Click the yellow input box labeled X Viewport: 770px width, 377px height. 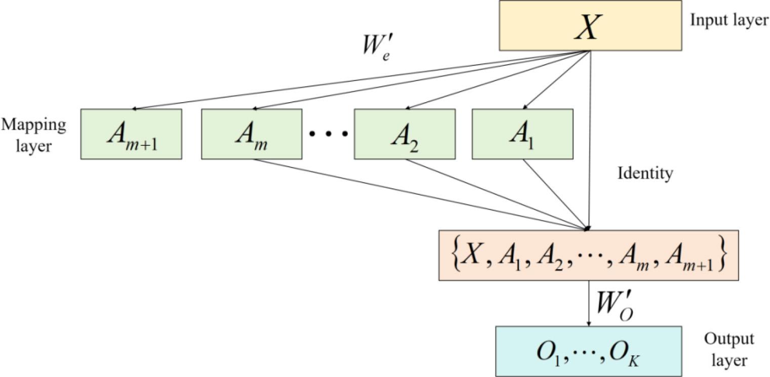[590, 25]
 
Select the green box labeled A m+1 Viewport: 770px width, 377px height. [131, 134]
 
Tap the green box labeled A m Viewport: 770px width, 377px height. [252, 134]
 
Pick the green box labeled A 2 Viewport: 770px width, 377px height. [404, 134]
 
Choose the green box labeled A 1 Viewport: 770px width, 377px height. [522, 134]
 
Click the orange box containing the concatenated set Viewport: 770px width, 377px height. [588, 256]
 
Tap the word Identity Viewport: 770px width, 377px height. [645, 174]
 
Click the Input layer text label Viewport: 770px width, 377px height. [728, 21]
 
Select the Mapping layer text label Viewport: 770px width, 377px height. [33, 135]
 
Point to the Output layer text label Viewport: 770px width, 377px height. [728, 349]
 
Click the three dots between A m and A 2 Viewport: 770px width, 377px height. [328, 134]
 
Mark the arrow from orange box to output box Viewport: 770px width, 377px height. [588, 304]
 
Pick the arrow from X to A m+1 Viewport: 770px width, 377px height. [354, 80]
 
